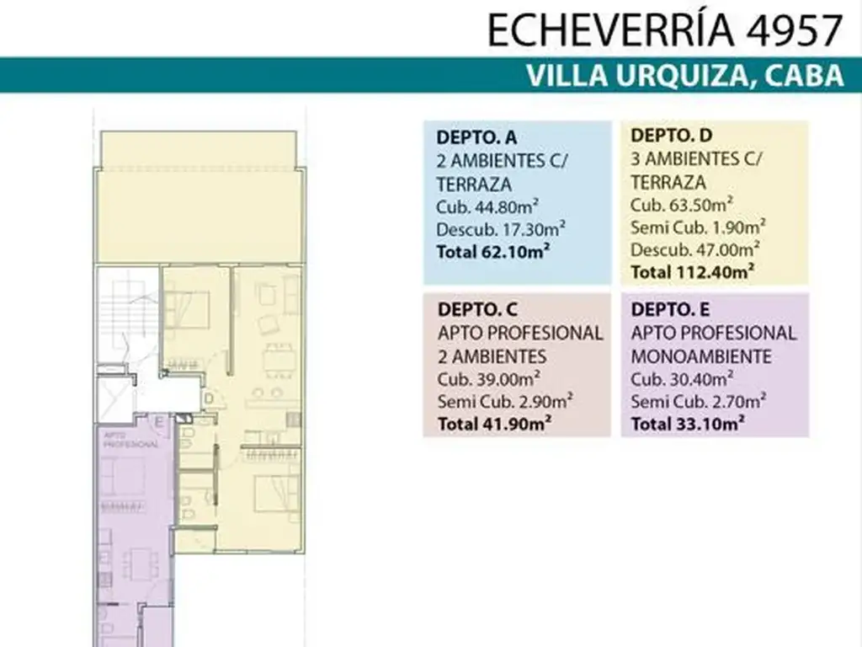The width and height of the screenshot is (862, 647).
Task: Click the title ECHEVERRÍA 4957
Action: [x=664, y=30]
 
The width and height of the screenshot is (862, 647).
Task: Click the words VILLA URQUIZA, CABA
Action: [x=684, y=76]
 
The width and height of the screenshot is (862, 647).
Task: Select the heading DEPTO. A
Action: [x=476, y=138]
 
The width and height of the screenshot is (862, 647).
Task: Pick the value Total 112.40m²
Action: [x=692, y=271]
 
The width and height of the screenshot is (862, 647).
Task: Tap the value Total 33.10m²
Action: [x=689, y=424]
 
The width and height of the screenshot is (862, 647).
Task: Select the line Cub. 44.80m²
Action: [x=489, y=206]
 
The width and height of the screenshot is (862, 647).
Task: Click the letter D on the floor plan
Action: [x=207, y=398]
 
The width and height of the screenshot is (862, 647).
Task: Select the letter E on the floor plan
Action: [x=158, y=422]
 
